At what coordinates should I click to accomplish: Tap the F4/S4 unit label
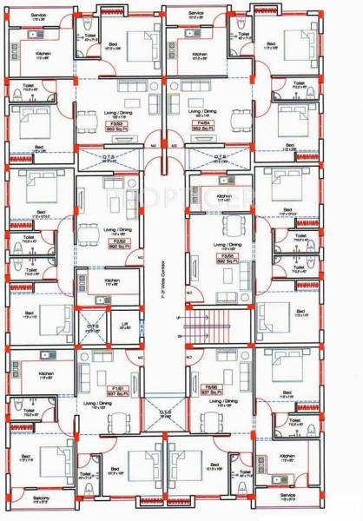pyautogui.click(x=201, y=122)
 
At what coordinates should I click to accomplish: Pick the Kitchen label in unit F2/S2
pyautogui.click(x=111, y=281)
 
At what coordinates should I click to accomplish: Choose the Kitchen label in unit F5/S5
pyautogui.click(x=223, y=197)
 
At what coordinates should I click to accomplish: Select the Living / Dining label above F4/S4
pyautogui.click(x=201, y=111)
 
